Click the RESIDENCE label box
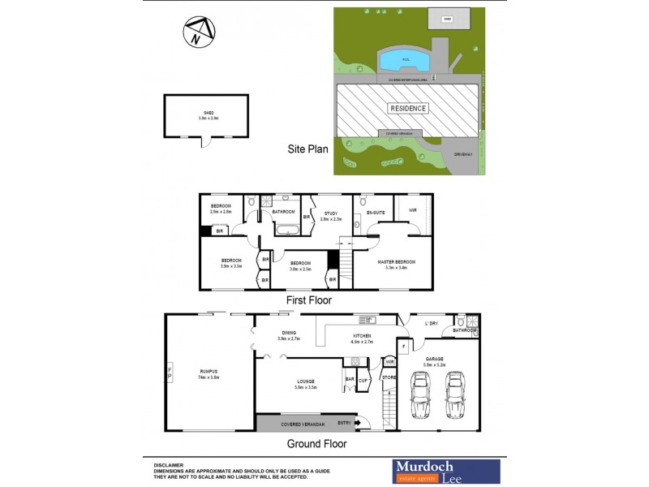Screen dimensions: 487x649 point(408,108)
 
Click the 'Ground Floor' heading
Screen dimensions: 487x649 point(317,444)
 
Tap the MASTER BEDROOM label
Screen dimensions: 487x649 point(396,262)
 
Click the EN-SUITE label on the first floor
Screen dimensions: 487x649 point(375,213)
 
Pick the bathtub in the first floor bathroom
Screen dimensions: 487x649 point(286,231)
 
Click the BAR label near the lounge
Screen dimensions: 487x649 point(350,379)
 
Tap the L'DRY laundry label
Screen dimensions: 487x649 point(431,324)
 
